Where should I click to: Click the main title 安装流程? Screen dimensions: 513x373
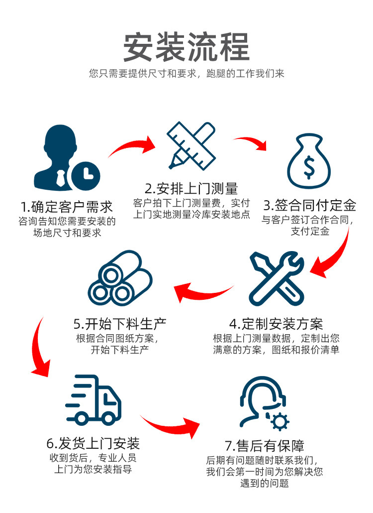pos(186,47)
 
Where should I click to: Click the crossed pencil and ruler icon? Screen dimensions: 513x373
pos(191,145)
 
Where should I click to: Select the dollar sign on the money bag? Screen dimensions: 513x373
pos(309,168)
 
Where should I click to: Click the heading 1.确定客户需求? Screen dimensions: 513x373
pos(67,207)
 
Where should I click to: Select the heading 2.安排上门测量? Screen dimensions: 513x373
pos(191,188)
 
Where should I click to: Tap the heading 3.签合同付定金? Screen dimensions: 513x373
pos(309,205)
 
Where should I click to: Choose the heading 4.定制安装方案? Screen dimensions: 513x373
pos(276,324)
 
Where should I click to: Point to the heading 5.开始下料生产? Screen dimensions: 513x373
pos(120,324)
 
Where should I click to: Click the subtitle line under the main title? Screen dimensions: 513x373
pos(186,74)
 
